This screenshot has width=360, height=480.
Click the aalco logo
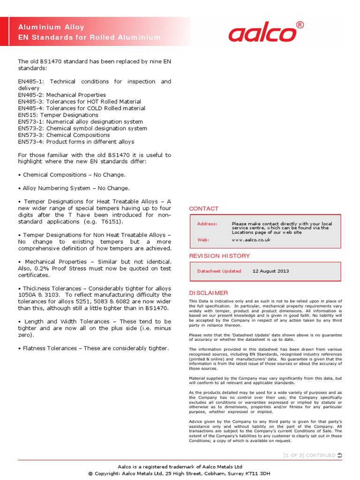click(262, 33)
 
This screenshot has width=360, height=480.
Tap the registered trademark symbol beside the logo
click(300, 25)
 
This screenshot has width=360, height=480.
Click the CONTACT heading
click(203, 209)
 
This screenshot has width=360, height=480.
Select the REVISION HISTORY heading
click(219, 256)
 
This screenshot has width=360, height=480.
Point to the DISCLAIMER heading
click(208, 293)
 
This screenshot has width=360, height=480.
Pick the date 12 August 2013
click(270, 271)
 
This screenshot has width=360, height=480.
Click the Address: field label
click(207, 224)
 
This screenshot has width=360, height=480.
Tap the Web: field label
click(203, 240)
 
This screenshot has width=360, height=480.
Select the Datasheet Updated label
click(219, 271)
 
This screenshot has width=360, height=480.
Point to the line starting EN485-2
click(62, 95)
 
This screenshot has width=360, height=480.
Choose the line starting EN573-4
click(76, 142)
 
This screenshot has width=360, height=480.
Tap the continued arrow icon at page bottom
click(339, 455)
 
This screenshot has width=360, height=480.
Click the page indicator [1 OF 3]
click(293, 455)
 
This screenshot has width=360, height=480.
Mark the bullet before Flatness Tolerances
click(19, 348)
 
